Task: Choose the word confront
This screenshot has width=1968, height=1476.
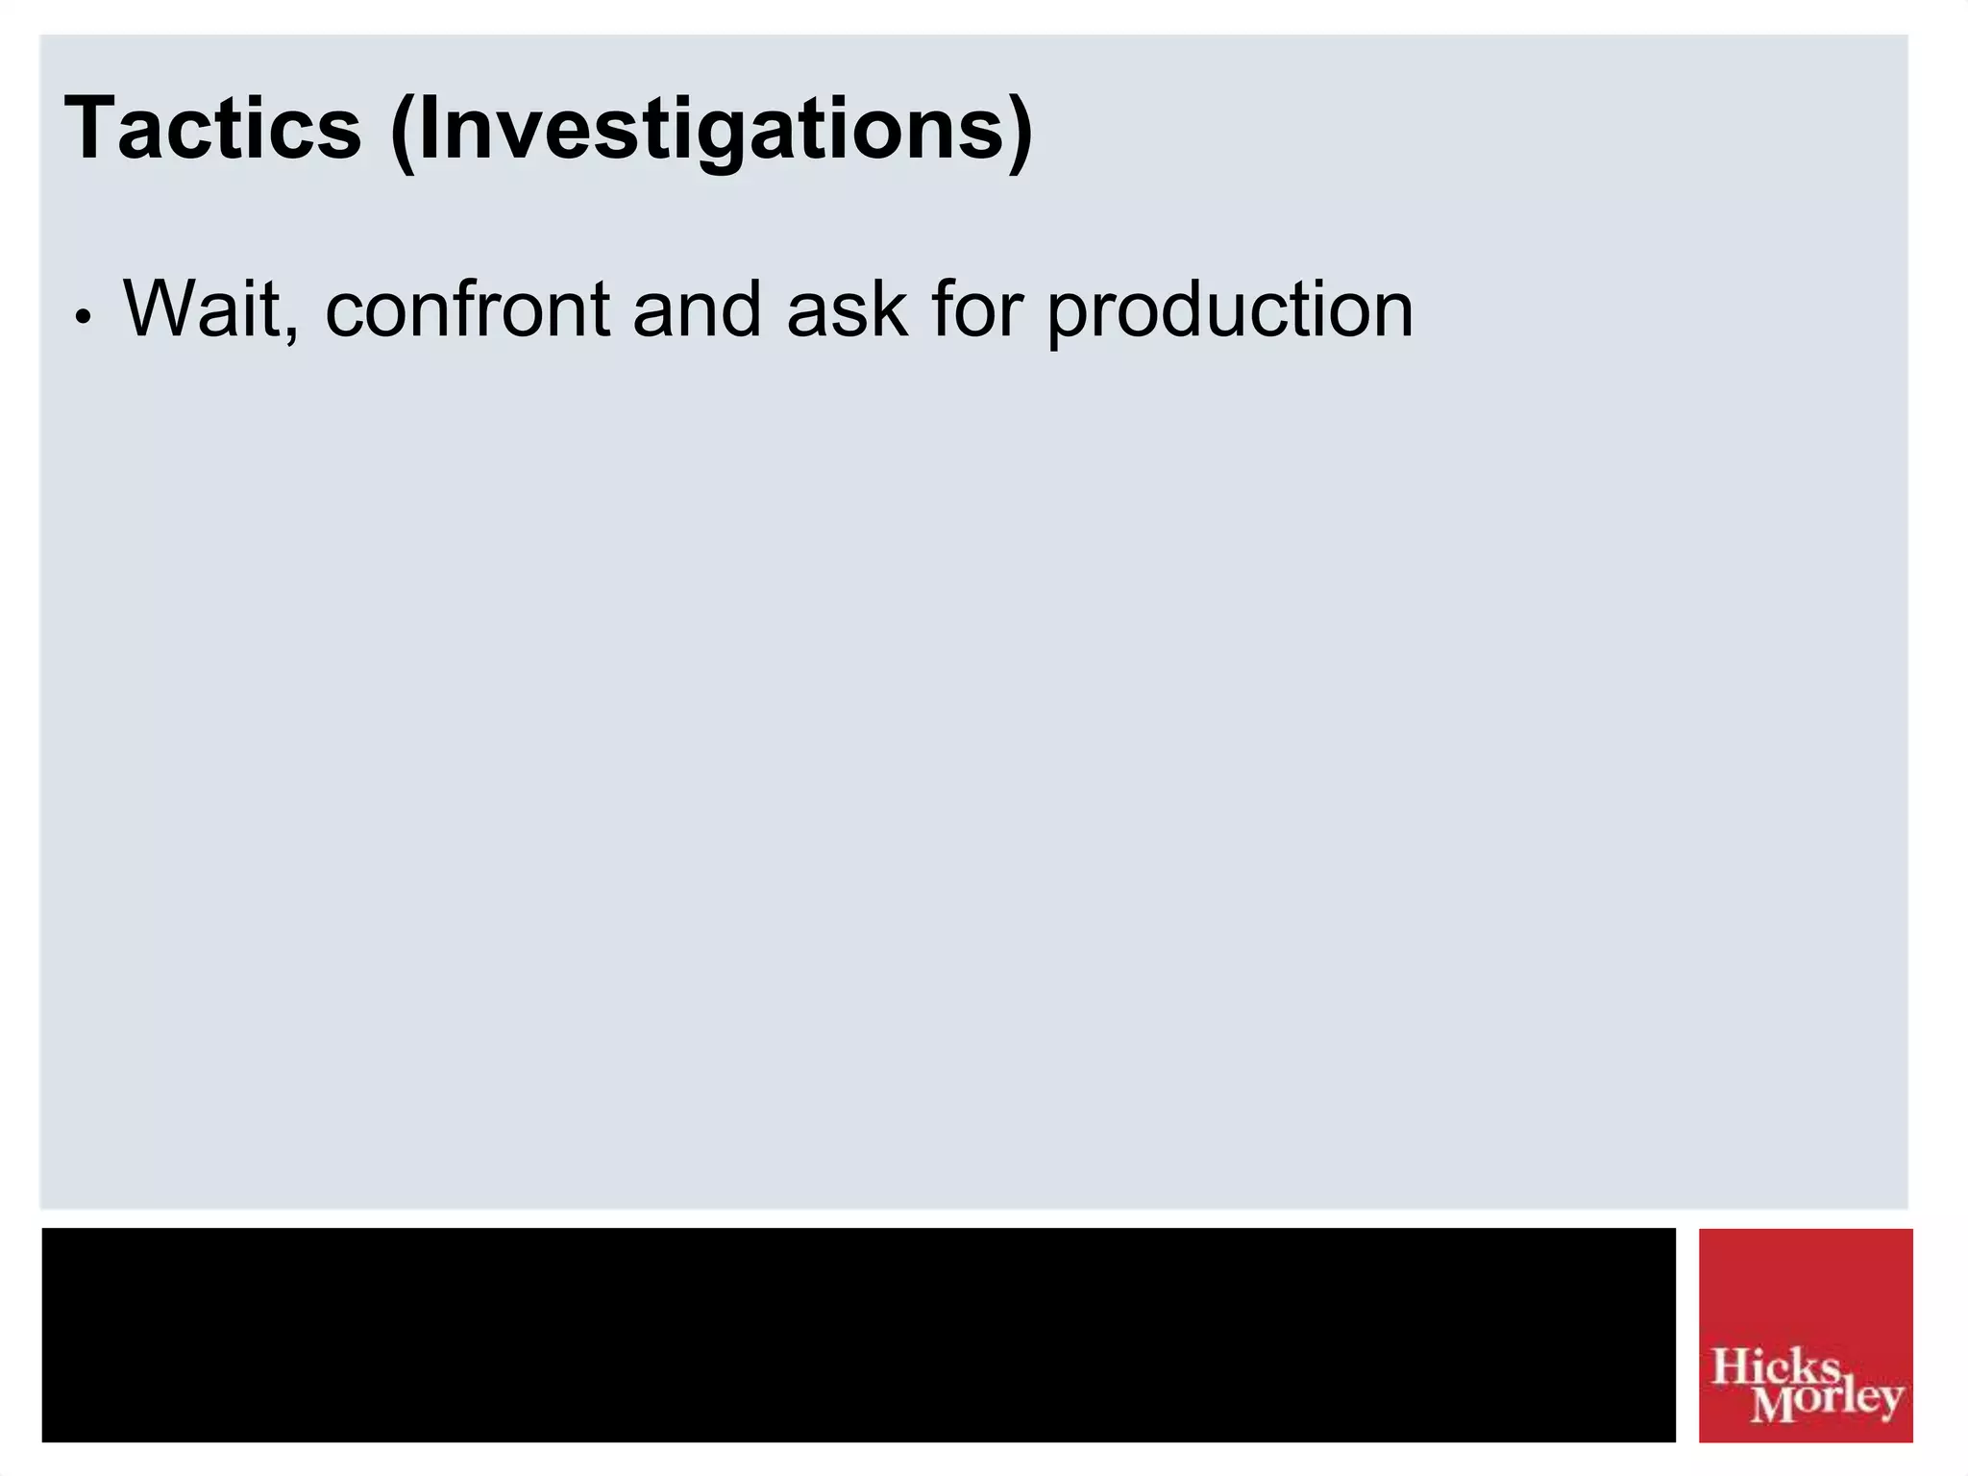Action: [468, 309]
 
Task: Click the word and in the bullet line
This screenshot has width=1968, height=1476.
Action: [697, 309]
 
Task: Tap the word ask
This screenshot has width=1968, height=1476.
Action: [847, 309]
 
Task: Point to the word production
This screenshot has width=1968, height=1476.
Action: [1230, 313]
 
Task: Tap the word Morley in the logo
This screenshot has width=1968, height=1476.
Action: [1826, 1403]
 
